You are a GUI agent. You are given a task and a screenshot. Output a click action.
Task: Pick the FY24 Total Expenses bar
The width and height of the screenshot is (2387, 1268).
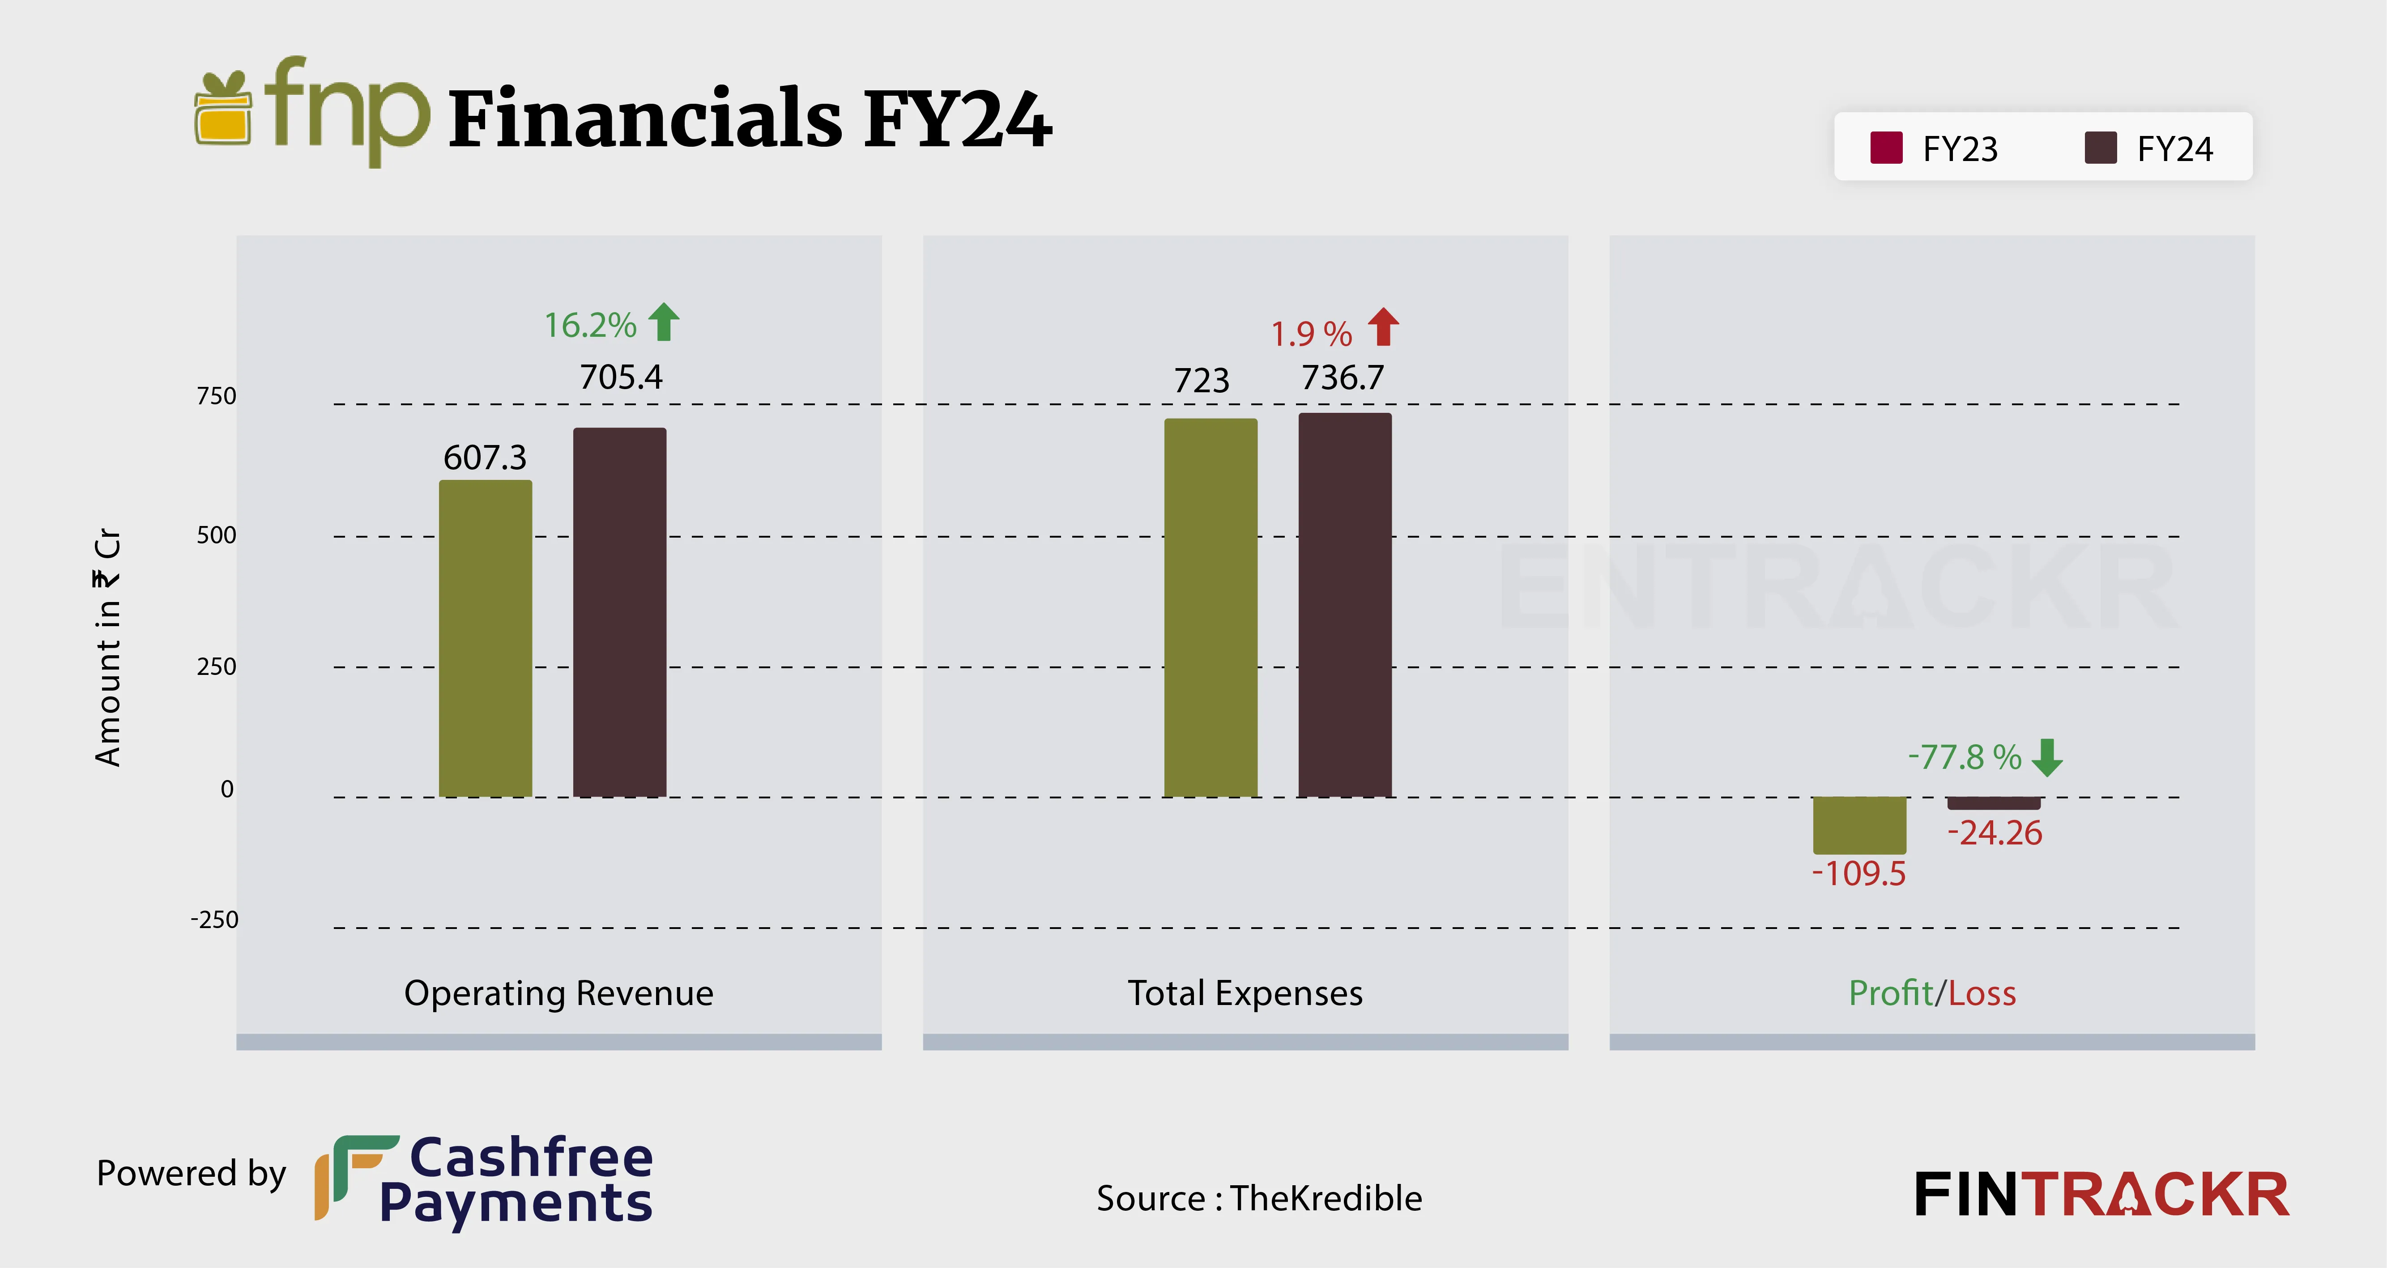pyautogui.click(x=1345, y=605)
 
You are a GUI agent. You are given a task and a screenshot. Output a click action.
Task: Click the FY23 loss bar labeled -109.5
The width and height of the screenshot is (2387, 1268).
pyautogui.click(x=1859, y=824)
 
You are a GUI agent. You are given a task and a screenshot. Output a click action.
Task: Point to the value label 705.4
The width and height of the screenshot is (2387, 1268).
pyautogui.click(x=621, y=377)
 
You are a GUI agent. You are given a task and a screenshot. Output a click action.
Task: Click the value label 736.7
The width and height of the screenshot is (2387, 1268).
pyautogui.click(x=1343, y=378)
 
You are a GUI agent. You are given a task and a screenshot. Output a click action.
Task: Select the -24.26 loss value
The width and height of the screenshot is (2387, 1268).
pyautogui.click(x=1994, y=833)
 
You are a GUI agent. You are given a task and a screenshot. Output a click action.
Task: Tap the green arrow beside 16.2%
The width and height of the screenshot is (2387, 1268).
pyautogui.click(x=664, y=322)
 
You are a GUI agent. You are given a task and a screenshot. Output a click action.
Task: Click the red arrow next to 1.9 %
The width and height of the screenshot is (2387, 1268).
pyautogui.click(x=1383, y=327)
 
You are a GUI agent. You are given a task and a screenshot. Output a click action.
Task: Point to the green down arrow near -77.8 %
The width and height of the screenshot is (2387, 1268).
pyautogui.click(x=2047, y=757)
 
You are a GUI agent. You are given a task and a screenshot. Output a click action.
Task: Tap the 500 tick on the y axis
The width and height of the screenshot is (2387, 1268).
pyautogui.click(x=217, y=535)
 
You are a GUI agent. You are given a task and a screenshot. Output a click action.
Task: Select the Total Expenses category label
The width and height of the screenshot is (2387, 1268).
pyautogui.click(x=1245, y=993)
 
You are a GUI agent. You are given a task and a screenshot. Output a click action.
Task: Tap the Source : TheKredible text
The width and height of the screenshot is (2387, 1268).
pyautogui.click(x=1258, y=1198)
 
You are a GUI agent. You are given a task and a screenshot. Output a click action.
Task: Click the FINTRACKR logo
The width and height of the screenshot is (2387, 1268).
pyautogui.click(x=2101, y=1195)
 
